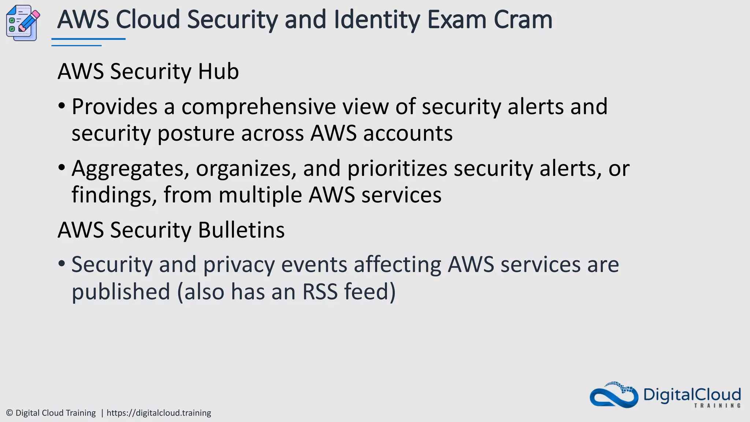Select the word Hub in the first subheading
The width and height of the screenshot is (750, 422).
coord(218,71)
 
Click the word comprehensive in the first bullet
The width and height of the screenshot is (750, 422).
coord(258,107)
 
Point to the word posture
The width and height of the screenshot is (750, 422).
coord(196,134)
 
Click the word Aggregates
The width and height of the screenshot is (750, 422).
coord(130,169)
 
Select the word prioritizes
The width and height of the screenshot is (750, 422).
coord(397,169)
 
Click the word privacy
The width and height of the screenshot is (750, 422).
coord(239,265)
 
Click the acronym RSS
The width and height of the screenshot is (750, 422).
coord(320,292)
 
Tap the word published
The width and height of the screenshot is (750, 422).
coord(121,292)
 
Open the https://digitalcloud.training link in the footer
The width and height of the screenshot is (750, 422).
coord(159,413)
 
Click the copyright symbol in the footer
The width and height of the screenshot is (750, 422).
coord(10,413)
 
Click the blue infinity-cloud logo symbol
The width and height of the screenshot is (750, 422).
coord(614,396)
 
